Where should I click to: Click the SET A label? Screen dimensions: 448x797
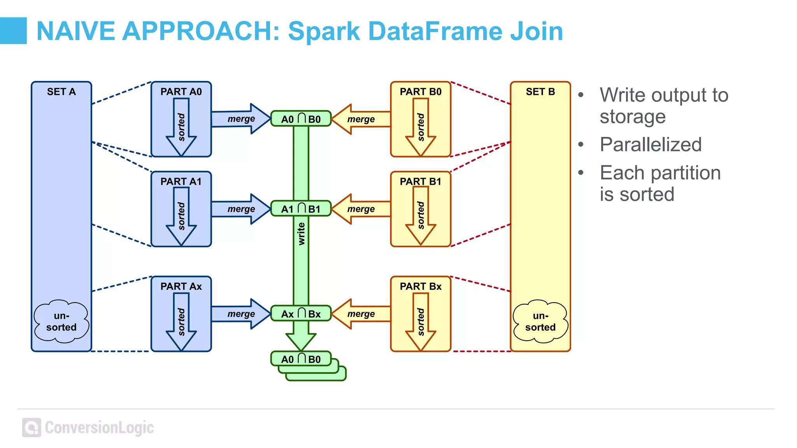[x=61, y=92]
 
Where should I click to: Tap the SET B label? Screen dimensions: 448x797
[x=540, y=92]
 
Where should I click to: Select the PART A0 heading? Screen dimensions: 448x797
[x=181, y=92]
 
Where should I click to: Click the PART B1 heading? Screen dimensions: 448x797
[x=420, y=182]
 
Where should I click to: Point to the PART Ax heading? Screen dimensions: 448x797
[x=181, y=287]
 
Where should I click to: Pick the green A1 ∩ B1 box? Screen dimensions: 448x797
[x=301, y=209]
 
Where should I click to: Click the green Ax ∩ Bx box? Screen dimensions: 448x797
[x=301, y=314]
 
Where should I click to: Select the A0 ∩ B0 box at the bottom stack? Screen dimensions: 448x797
[x=301, y=359]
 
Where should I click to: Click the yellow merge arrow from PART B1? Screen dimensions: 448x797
[x=361, y=209]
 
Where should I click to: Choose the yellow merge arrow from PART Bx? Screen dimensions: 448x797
[x=361, y=314]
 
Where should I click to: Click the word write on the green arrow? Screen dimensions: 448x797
[x=301, y=234]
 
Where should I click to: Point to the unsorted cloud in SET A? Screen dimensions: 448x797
[x=61, y=321]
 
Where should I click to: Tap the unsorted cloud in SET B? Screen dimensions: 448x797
[x=540, y=321]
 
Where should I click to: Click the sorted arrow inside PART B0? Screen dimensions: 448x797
[x=421, y=127]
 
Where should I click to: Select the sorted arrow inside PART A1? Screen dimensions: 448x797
[x=181, y=216]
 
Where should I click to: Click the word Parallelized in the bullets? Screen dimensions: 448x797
[x=650, y=145]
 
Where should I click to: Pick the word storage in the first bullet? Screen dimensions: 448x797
[x=632, y=117]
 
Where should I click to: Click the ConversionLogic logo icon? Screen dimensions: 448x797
[x=32, y=427]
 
